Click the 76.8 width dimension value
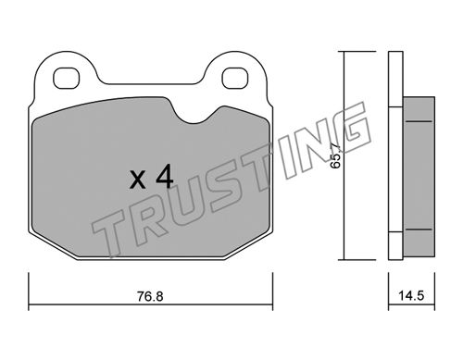pos(150,297)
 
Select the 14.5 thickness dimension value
pos(411,296)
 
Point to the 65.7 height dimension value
pos(335,155)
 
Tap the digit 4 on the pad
pos(165,176)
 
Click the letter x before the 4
pos(138,180)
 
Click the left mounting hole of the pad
pos(67,78)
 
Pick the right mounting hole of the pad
pos(235,78)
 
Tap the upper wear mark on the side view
pos(419,121)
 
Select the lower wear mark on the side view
pos(419,230)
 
